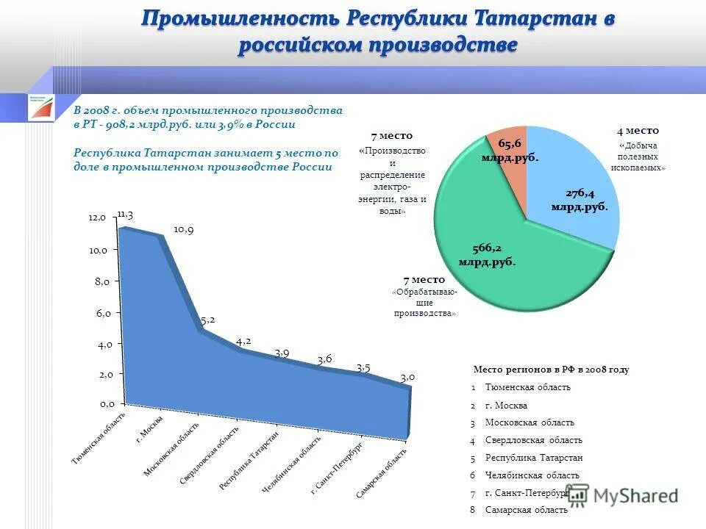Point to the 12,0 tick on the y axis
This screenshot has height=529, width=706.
98,218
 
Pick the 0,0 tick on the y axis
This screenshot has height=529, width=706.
107,404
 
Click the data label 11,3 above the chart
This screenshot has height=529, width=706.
124,215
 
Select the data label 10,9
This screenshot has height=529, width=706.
183,229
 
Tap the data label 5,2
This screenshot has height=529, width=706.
208,320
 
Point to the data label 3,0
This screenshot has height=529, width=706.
407,377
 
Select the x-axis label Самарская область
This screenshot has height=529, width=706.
381,470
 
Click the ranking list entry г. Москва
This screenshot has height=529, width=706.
506,406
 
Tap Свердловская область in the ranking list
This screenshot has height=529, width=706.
533,440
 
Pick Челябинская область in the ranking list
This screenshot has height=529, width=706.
532,475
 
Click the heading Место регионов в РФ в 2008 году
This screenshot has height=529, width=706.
550,370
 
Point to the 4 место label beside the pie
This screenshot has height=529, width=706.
638,131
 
